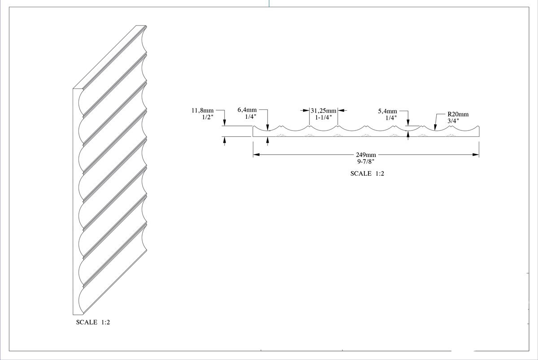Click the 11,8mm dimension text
pos(203,111)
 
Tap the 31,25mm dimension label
pos(323,110)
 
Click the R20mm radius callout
pos(457,114)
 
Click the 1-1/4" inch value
pos(323,117)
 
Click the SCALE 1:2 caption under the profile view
pos(367,173)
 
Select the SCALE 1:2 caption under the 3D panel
pos(93,322)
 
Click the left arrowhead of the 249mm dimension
pos(256,155)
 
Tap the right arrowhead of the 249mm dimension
pos(476,155)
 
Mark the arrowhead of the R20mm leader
pos(435,129)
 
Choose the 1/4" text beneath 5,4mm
pos(391,117)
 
